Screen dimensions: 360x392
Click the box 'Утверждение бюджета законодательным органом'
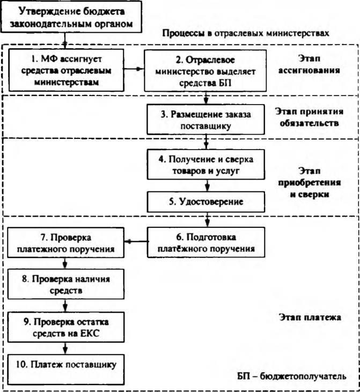(x=71, y=17)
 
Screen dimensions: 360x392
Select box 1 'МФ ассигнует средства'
(x=67, y=70)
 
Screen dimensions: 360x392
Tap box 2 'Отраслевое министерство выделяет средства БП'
(x=205, y=71)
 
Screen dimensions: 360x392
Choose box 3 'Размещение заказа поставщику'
(x=205, y=120)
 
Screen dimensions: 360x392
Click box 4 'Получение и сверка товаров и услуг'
(x=206, y=165)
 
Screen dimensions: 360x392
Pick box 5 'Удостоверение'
(x=206, y=202)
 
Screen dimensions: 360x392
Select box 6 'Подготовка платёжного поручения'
(x=206, y=242)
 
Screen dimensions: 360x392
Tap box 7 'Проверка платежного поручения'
(x=66, y=242)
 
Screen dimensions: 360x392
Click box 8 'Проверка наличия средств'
(x=66, y=284)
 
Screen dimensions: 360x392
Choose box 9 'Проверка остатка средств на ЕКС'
(x=66, y=327)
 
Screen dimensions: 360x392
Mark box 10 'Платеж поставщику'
(x=66, y=369)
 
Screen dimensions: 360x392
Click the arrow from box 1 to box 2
(x=134, y=69)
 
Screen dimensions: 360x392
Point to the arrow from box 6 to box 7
(x=137, y=241)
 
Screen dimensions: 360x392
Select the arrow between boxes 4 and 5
(x=207, y=186)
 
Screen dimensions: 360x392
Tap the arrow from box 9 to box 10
(x=65, y=348)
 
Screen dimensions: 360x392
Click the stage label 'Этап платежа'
(x=310, y=317)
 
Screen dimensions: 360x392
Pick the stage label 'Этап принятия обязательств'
(x=310, y=117)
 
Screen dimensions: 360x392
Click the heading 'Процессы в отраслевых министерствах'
(x=246, y=33)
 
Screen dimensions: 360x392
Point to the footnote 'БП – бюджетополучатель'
(x=292, y=376)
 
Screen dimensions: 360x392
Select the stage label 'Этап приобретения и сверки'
(x=310, y=182)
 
